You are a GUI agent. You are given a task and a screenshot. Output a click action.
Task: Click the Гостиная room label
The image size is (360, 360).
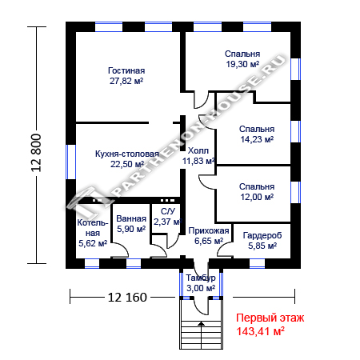(x=126, y=70)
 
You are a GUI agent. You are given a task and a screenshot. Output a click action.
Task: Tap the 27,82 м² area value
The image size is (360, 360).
(x=126, y=81)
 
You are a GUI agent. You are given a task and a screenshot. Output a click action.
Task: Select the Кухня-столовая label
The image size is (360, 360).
(x=127, y=154)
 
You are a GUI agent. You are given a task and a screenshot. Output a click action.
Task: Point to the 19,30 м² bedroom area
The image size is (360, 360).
(x=242, y=64)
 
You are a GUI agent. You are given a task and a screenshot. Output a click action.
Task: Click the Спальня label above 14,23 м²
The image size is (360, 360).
(x=257, y=129)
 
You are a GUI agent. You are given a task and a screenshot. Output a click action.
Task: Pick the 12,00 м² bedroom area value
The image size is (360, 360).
(x=257, y=197)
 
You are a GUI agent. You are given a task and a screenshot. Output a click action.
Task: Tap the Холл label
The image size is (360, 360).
(x=198, y=151)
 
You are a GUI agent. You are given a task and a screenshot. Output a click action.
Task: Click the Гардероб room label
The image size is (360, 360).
(x=262, y=235)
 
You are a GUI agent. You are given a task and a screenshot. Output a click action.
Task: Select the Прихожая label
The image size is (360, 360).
(x=209, y=230)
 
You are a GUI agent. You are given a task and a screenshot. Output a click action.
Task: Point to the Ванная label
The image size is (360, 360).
(x=131, y=218)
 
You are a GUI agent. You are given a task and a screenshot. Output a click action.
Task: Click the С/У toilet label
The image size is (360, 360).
(x=168, y=211)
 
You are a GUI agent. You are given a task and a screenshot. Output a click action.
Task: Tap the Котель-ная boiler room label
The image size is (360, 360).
(x=93, y=228)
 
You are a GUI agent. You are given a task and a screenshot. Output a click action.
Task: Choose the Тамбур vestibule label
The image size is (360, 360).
(x=201, y=278)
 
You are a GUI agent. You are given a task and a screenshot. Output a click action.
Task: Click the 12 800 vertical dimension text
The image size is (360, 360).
(x=37, y=153)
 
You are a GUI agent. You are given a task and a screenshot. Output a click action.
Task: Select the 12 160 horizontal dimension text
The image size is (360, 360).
(x=127, y=297)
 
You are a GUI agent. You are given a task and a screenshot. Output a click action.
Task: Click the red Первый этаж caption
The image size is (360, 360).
(x=270, y=318)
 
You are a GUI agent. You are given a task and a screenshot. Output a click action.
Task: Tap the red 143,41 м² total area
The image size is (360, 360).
(x=261, y=331)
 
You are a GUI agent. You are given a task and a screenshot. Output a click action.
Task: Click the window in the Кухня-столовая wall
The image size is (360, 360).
(x=70, y=162)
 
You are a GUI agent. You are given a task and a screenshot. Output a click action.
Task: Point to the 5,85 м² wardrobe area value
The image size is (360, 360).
(x=262, y=246)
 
